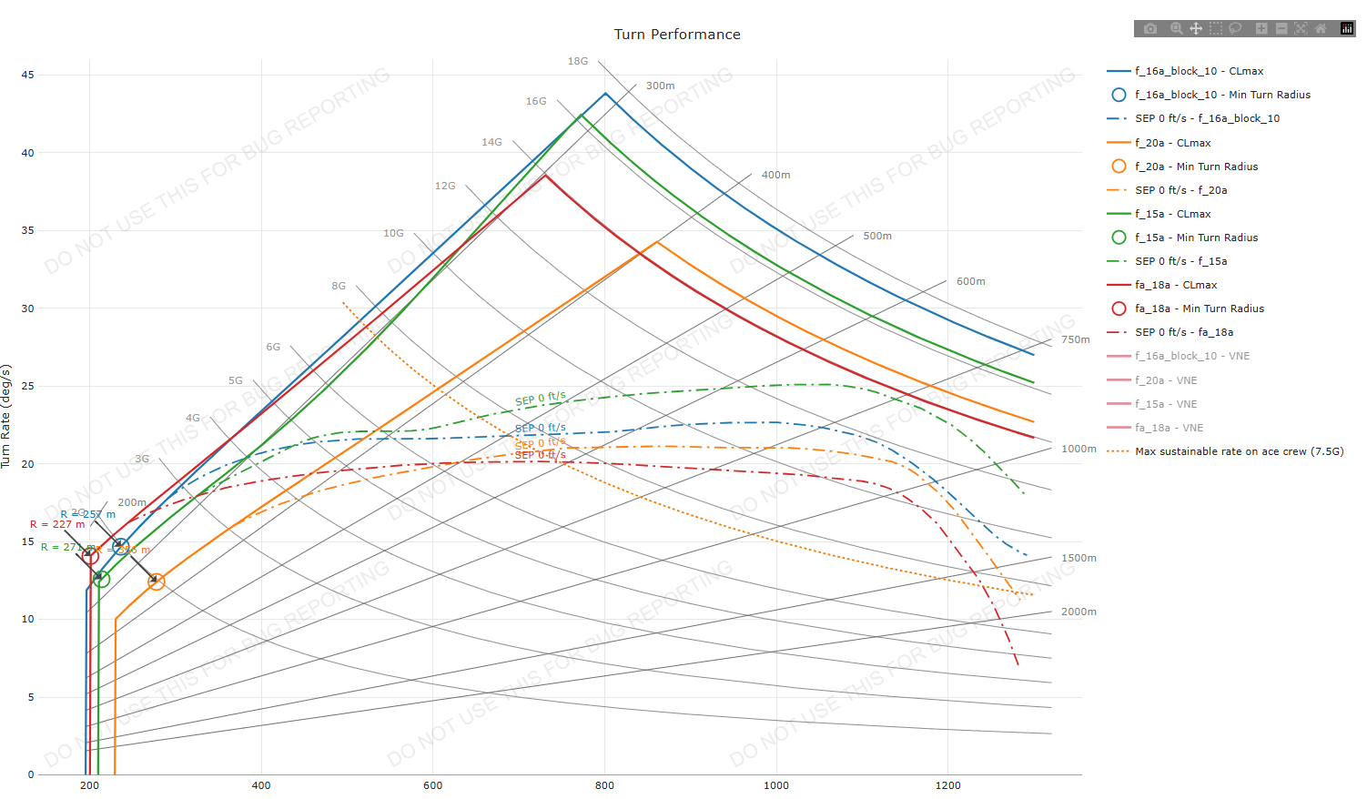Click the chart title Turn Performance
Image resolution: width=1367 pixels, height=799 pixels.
click(x=677, y=35)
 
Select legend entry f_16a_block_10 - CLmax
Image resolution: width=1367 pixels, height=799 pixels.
click(x=1199, y=71)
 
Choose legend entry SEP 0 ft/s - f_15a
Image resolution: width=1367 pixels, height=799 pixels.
click(x=1180, y=261)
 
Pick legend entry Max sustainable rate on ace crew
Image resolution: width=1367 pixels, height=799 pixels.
click(x=1239, y=451)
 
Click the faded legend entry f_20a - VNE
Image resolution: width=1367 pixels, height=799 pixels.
click(x=1166, y=380)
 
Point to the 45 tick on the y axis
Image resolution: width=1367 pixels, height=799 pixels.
click(x=28, y=75)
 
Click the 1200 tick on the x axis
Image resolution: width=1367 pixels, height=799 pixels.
click(x=947, y=785)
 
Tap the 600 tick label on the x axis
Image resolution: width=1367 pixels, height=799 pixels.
click(x=432, y=785)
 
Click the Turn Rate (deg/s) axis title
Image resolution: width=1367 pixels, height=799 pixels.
click(x=6, y=416)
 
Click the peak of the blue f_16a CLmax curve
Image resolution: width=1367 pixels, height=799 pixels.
click(x=605, y=93)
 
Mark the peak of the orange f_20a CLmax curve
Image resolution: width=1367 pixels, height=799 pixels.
click(x=657, y=242)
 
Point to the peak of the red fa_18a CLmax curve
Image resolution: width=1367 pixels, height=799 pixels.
click(x=545, y=175)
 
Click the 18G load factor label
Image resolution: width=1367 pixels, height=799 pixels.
click(x=578, y=61)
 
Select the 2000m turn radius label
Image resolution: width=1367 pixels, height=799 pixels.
click(x=1078, y=612)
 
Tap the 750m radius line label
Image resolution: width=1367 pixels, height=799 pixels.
click(x=1075, y=339)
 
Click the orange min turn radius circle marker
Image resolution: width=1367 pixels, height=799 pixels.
click(x=157, y=582)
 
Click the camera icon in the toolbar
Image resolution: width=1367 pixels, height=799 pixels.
click(x=1150, y=28)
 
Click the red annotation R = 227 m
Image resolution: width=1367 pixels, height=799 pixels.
click(x=57, y=524)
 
